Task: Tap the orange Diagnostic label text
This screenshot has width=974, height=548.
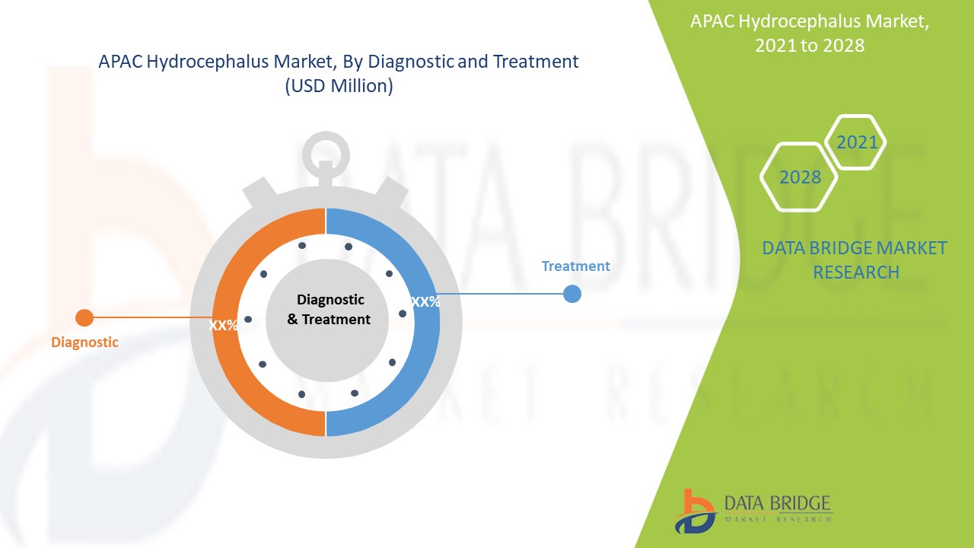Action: (x=84, y=342)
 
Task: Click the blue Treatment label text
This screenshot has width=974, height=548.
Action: (x=575, y=266)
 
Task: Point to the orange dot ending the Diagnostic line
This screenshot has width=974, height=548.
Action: (x=84, y=317)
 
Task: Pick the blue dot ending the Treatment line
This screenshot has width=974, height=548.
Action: (x=572, y=294)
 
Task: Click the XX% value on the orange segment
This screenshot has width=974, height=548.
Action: (x=224, y=325)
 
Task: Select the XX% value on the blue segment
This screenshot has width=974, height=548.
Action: (x=425, y=301)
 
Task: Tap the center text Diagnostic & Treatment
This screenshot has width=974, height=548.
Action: (x=329, y=310)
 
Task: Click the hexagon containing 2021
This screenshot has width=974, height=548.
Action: (x=856, y=142)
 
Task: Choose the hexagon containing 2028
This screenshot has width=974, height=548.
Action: (x=799, y=177)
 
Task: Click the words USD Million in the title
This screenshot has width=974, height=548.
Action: (x=339, y=86)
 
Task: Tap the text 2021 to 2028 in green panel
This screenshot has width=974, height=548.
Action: (x=809, y=46)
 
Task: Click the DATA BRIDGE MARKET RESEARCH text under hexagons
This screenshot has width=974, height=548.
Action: (x=855, y=260)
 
